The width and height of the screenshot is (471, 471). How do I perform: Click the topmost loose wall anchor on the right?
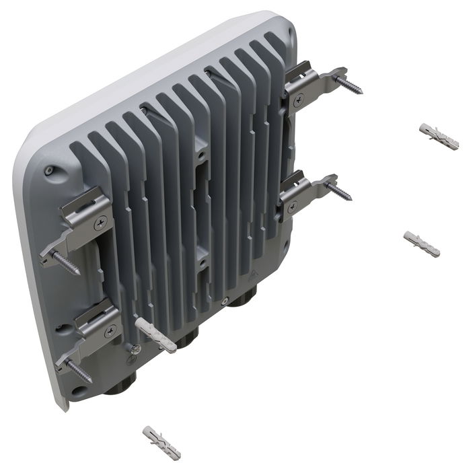(x=439, y=136)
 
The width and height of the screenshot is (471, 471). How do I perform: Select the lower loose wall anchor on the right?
(x=421, y=244)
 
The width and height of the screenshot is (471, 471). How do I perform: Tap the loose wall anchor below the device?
(x=161, y=441)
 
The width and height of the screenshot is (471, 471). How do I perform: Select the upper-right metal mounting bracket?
(x=314, y=81)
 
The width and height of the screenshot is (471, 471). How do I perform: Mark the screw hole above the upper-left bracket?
(x=48, y=172)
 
